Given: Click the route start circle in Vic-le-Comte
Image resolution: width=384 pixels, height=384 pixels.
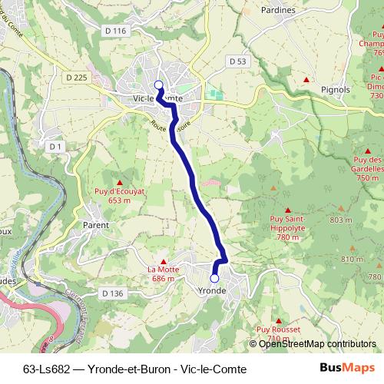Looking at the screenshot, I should pos(159,85).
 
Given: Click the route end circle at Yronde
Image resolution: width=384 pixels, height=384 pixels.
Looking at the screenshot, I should pos(214,278).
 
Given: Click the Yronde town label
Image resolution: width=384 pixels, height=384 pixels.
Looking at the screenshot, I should pos(211,292).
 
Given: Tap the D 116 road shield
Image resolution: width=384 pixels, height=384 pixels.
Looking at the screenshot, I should pos(114,30).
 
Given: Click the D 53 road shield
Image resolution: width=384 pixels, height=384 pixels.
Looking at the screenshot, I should pos(237,60).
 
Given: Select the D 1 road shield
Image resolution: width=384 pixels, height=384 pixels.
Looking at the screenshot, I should pos(55,145).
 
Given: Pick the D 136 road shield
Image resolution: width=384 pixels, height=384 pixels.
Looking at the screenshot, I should pos(112,293).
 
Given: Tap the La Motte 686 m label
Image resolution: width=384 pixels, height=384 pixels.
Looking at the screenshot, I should pos(162,275).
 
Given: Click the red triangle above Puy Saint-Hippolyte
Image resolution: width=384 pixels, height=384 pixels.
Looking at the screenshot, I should pos(288,210).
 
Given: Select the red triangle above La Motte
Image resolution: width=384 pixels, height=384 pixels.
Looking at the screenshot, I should pos(162,261).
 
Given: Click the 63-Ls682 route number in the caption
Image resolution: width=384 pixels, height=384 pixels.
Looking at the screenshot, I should pos(43,369).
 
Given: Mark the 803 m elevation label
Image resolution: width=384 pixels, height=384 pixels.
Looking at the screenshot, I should pos(340,221).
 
